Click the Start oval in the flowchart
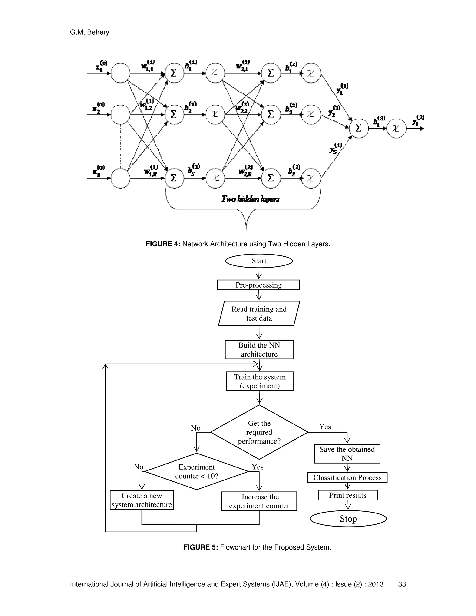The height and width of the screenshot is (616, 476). [259, 261]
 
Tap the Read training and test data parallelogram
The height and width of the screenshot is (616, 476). [259, 314]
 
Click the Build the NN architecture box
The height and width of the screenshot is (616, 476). [259, 350]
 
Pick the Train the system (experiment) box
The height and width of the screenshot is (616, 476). [259, 381]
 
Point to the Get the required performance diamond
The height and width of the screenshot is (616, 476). [259, 432]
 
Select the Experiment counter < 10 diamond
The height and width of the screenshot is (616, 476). [197, 472]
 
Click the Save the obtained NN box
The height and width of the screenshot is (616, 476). [347, 454]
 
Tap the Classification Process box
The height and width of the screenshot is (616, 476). [347, 477]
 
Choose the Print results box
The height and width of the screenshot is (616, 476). [347, 495]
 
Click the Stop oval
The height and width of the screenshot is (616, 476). [348, 519]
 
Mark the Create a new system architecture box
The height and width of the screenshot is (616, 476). [142, 500]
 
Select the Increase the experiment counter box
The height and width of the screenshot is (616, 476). [259, 501]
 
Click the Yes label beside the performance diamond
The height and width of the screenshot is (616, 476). [325, 427]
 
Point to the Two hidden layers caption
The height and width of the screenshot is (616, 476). [250, 199]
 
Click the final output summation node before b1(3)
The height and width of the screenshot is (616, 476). [359, 128]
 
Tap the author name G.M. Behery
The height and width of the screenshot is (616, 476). [89, 33]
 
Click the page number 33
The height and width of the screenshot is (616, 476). [402, 584]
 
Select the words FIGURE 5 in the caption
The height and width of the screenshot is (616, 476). [201, 547]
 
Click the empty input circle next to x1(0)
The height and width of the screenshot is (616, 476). [120, 73]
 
